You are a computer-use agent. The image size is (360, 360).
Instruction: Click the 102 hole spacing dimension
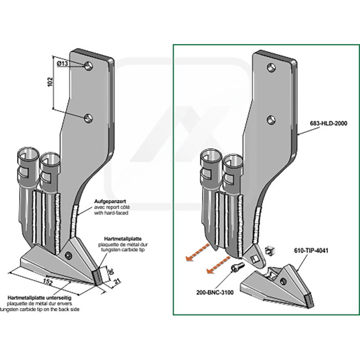pos(50,81)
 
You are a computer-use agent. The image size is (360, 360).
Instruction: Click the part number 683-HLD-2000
pos(328,122)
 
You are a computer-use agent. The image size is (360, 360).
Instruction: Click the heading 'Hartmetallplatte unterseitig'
pos(39,298)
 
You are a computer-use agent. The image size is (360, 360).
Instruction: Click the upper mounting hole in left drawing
pos(89,65)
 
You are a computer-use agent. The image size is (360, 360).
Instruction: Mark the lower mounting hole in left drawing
pos(88,118)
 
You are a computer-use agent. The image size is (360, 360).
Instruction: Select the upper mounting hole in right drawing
pos(271,67)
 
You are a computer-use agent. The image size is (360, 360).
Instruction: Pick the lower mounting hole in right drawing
pos(271,119)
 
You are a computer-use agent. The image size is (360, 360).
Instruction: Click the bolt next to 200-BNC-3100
pos(237,268)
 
